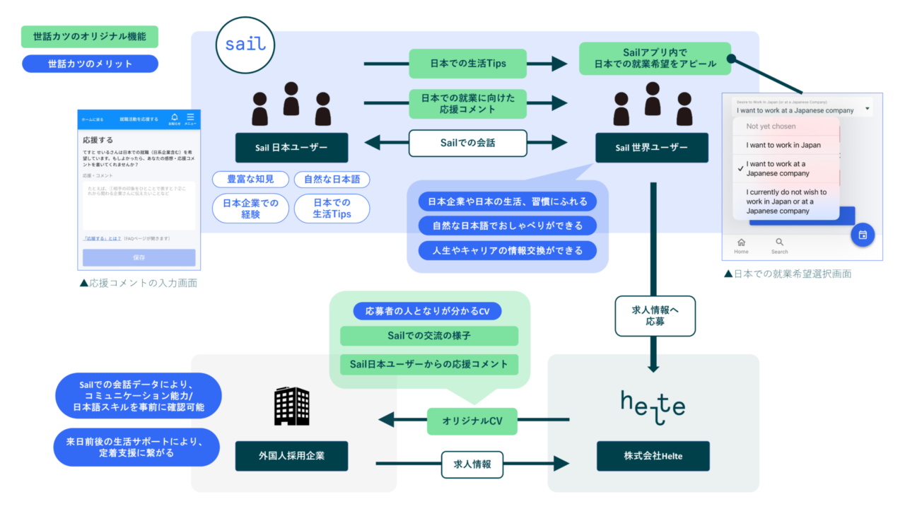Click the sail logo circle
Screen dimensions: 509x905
point(245,45)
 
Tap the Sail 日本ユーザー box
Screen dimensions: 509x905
point(291,148)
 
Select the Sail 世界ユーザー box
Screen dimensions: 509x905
point(651,148)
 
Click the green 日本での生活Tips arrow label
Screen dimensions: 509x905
point(468,64)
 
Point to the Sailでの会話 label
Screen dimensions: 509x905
point(468,143)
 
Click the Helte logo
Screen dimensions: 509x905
point(653,407)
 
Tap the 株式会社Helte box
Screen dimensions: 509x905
point(653,456)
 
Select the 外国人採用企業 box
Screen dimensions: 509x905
point(291,456)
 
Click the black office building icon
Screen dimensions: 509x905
point(291,406)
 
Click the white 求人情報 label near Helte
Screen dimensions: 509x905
point(472,464)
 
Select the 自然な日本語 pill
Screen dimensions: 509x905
point(332,179)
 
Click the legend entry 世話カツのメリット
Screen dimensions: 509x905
point(90,64)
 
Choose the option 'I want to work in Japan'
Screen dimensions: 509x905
point(783,145)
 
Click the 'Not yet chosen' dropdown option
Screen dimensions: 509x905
point(771,127)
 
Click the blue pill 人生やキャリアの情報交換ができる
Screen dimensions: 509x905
point(507,250)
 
